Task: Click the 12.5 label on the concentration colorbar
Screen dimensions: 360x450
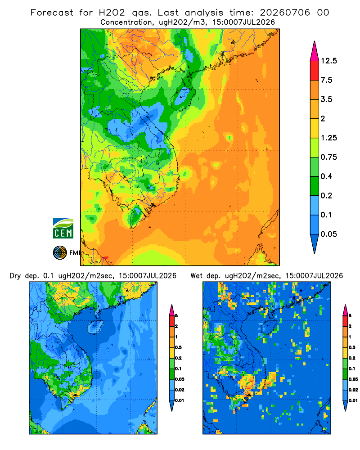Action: pyautogui.click(x=328, y=61)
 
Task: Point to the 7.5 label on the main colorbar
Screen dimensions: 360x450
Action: pyautogui.click(x=326, y=80)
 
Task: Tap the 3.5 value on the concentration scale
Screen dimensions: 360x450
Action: pyautogui.click(x=326, y=99)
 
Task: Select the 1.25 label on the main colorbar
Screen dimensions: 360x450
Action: pyautogui.click(x=328, y=138)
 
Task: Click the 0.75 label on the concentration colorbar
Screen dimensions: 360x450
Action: pyautogui.click(x=328, y=157)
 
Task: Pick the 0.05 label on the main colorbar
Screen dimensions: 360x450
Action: pyautogui.click(x=328, y=234)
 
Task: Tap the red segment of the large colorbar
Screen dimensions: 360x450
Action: pyautogui.click(x=315, y=71)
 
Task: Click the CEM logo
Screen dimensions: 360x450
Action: pyautogui.click(x=63, y=228)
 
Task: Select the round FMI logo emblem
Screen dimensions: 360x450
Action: pyautogui.click(x=60, y=252)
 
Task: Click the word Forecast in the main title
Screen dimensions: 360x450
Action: pyautogui.click(x=52, y=13)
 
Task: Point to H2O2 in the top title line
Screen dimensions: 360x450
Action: pyautogui.click(x=112, y=13)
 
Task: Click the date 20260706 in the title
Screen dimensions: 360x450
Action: pyautogui.click(x=285, y=13)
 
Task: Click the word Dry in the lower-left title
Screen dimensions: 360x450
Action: pyautogui.click(x=15, y=276)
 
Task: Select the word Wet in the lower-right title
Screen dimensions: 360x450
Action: pyautogui.click(x=197, y=276)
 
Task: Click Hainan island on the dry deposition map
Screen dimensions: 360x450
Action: pyautogui.click(x=95, y=327)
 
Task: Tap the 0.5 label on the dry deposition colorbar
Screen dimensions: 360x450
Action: pyautogui.click(x=178, y=347)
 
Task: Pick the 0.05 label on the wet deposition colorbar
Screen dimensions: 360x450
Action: pyautogui.click(x=353, y=379)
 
